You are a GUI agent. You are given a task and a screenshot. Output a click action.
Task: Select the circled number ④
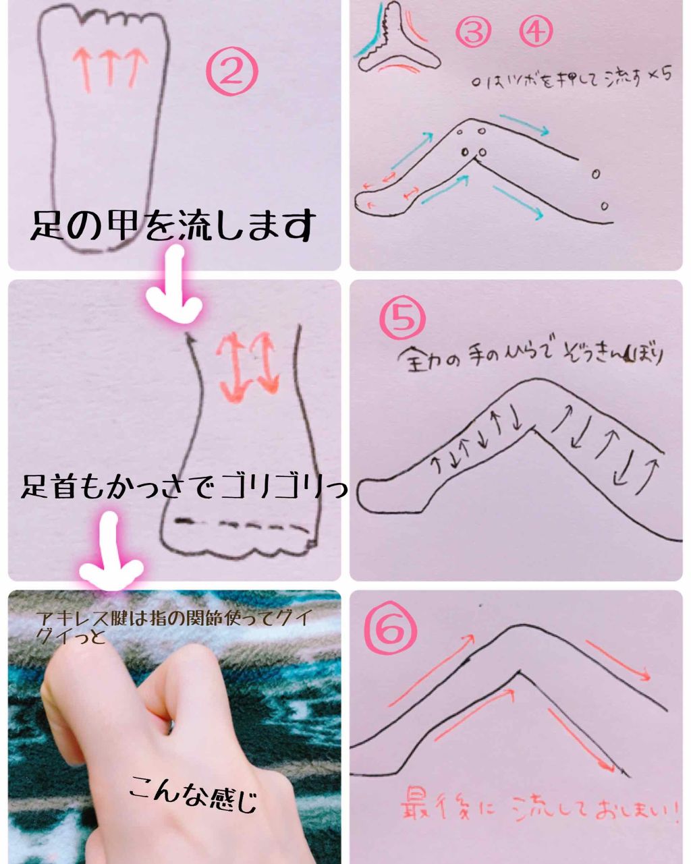[537, 31]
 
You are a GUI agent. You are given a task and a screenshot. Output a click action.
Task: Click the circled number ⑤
[403, 319]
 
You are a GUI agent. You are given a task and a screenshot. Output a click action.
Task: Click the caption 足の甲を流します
[172, 226]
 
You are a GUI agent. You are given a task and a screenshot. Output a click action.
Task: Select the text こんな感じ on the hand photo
[193, 793]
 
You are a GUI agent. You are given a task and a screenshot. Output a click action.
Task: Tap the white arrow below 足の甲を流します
[175, 287]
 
